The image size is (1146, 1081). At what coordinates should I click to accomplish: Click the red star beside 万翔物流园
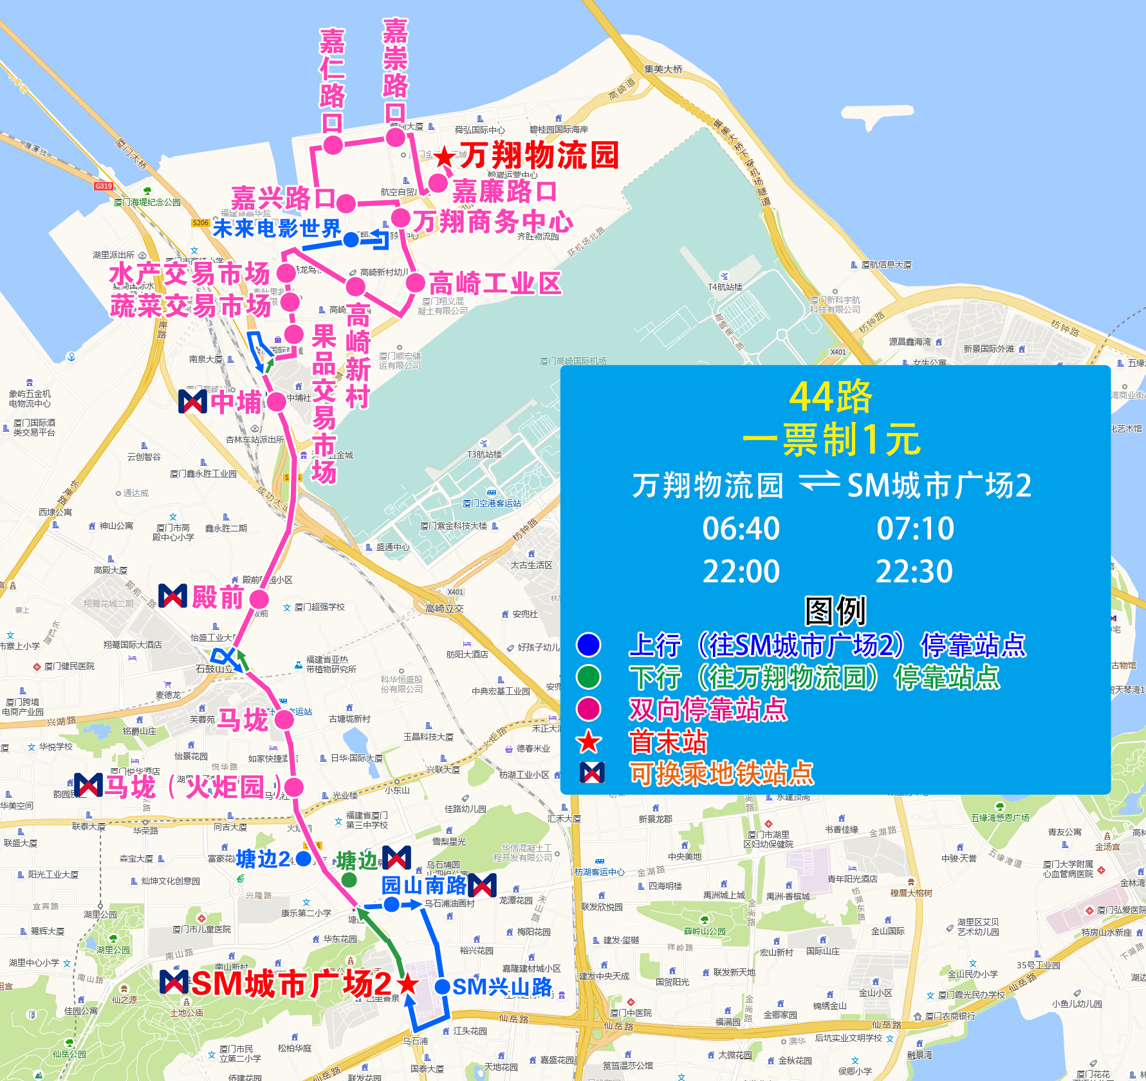click(444, 156)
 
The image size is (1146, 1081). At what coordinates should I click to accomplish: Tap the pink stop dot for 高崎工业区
click(416, 282)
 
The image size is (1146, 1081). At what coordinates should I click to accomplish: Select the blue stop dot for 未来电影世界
click(351, 240)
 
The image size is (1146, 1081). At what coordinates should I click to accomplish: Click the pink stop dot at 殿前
click(259, 600)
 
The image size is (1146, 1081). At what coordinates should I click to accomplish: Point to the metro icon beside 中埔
click(192, 402)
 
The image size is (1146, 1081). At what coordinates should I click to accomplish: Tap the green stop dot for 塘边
click(349, 880)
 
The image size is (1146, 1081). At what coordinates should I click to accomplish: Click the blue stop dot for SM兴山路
click(442, 986)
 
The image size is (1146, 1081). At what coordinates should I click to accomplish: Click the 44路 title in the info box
click(831, 396)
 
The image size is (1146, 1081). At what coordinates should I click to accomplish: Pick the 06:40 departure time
click(741, 529)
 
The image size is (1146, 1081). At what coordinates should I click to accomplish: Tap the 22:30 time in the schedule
click(914, 571)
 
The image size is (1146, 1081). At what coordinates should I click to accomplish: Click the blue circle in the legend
click(589, 645)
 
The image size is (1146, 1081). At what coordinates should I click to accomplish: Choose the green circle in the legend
click(589, 677)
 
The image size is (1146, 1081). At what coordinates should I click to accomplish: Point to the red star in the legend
click(589, 742)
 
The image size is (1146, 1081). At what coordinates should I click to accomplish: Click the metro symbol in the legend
click(591, 773)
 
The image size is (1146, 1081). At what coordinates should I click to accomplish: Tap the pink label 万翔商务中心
click(493, 222)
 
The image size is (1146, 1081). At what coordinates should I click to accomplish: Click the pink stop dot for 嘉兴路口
click(346, 203)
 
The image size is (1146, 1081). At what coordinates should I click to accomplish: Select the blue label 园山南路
click(424, 885)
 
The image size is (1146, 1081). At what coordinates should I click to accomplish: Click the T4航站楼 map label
click(725, 287)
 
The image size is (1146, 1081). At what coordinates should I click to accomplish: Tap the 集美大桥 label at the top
click(663, 69)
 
